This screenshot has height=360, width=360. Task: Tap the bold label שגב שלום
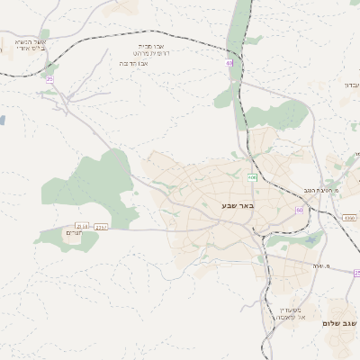coord(341,322)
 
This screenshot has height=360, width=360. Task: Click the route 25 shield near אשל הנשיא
coord(49,79)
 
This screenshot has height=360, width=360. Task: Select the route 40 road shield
coord(229,63)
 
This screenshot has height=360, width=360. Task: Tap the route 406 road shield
coord(252,178)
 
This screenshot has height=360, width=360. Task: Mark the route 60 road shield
coord(299,210)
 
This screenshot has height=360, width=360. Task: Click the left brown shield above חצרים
coord(83,226)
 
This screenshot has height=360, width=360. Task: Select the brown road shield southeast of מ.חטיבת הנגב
coord(349,218)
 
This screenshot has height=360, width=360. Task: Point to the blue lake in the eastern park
coord(310,239)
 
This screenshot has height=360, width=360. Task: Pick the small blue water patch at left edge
coord(2,119)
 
